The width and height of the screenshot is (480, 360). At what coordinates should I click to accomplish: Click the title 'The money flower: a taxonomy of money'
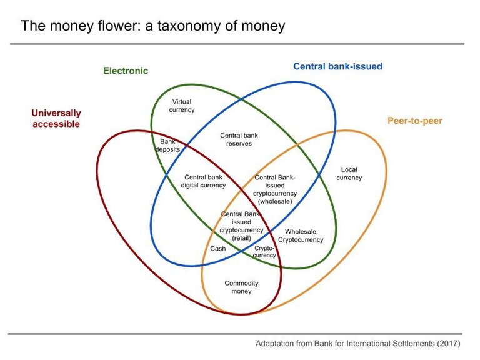pyautogui.click(x=152, y=26)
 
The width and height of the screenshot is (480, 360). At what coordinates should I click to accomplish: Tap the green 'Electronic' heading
pyautogui.click(x=126, y=71)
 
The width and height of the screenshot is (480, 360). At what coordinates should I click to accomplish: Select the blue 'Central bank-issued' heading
pyautogui.click(x=337, y=66)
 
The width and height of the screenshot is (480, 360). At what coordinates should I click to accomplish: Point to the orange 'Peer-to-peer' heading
pyautogui.click(x=414, y=121)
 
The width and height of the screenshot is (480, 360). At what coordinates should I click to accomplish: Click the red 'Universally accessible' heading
pyautogui.click(x=56, y=118)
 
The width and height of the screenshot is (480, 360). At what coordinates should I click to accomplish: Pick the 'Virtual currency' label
pyautogui.click(x=182, y=106)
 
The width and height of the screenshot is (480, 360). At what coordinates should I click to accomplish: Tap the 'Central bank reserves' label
pyautogui.click(x=239, y=139)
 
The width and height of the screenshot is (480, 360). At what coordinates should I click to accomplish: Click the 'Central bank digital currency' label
pyautogui.click(x=203, y=181)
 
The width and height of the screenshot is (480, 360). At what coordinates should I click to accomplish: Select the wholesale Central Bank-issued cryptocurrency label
pyautogui.click(x=275, y=189)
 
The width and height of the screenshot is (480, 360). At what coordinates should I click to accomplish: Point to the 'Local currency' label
pyautogui.click(x=349, y=173)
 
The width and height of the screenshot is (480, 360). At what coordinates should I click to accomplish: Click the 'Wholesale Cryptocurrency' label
pyautogui.click(x=301, y=236)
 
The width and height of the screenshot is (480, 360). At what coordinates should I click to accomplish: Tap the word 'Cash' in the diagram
pyautogui.click(x=218, y=249)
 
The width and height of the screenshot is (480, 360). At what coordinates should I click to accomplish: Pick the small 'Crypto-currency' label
pyautogui.click(x=265, y=252)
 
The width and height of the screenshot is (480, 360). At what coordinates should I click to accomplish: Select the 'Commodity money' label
pyautogui.click(x=241, y=287)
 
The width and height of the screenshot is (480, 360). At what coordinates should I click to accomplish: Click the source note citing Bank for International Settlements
pyautogui.click(x=357, y=344)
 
